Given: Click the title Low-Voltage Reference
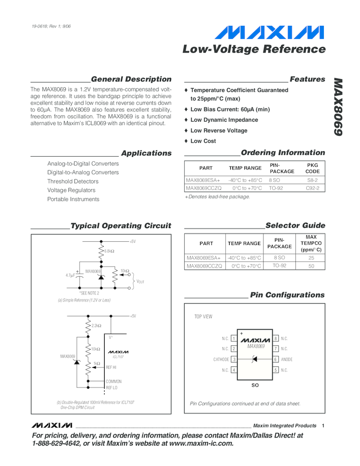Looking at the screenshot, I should click(x=254, y=49).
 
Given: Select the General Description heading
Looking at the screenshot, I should click(x=131, y=79).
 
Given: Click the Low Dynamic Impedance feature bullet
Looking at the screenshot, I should click(x=224, y=120).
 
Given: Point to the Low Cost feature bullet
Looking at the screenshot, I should click(x=203, y=141).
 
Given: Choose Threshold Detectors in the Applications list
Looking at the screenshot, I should click(x=73, y=181).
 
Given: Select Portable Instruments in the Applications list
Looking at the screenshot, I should click(x=73, y=199).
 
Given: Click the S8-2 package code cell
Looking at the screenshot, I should click(x=312, y=180).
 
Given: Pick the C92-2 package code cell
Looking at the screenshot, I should click(x=312, y=188).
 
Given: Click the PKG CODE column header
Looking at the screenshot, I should click(x=312, y=168).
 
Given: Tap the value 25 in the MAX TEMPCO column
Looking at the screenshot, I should click(x=311, y=257).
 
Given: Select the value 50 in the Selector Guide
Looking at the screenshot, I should click(x=311, y=266).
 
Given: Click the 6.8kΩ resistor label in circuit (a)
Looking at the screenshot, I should click(x=109, y=251).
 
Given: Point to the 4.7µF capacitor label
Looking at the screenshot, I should click(x=71, y=275).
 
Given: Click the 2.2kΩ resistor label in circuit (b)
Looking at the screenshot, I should click(x=96, y=326).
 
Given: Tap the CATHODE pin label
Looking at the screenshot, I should click(x=221, y=360).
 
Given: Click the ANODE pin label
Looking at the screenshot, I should click(x=287, y=360).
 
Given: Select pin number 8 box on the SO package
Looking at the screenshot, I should click(x=276, y=339).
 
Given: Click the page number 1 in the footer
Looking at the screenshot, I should click(x=324, y=426).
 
